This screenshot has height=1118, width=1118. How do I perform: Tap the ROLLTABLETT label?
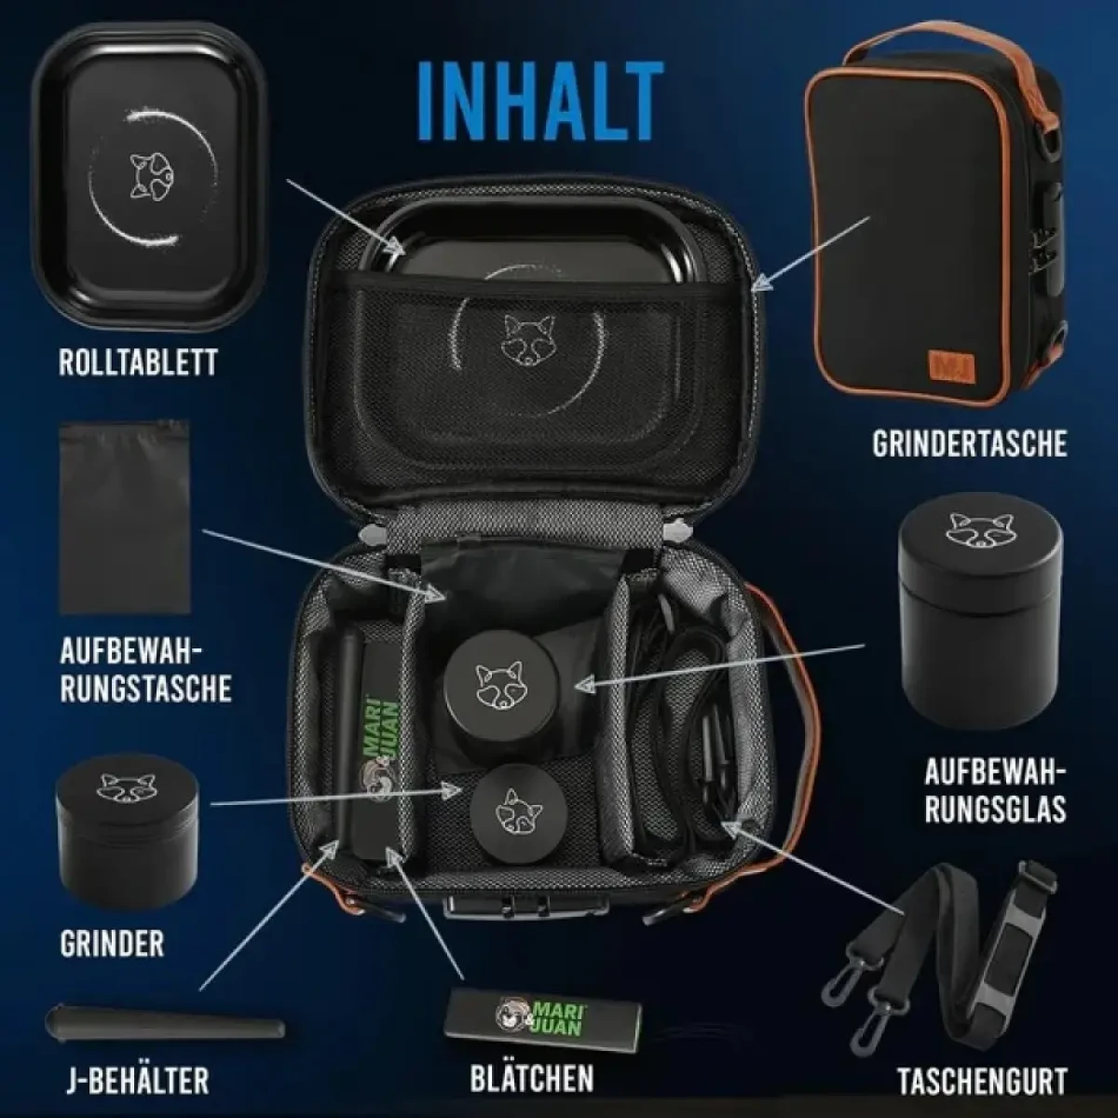click(138, 362)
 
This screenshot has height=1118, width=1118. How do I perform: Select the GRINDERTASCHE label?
click(969, 443)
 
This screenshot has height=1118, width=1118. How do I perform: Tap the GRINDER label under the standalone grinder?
click(112, 944)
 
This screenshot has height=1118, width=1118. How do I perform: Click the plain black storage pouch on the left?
click(125, 517)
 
